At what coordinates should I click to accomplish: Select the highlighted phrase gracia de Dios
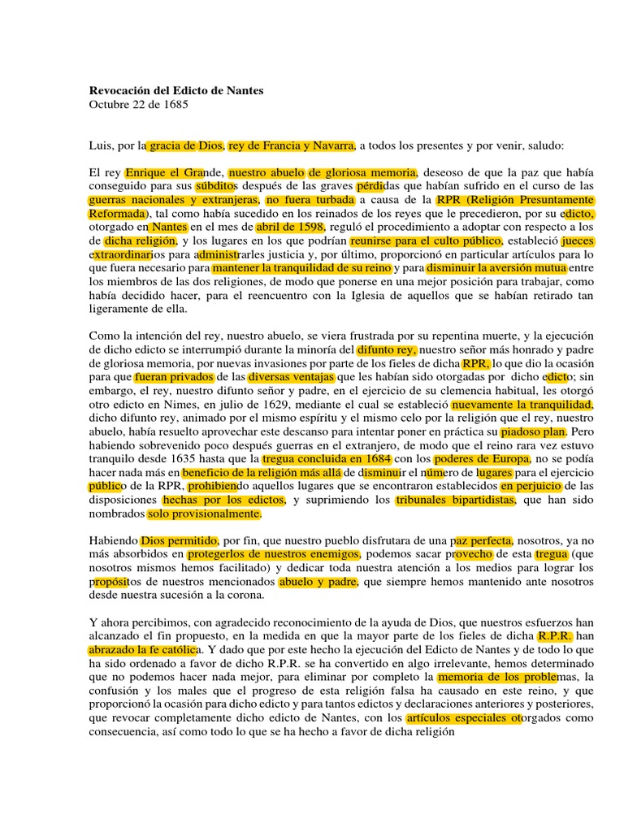(185, 146)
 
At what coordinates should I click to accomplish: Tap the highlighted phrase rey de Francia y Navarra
(292, 146)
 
